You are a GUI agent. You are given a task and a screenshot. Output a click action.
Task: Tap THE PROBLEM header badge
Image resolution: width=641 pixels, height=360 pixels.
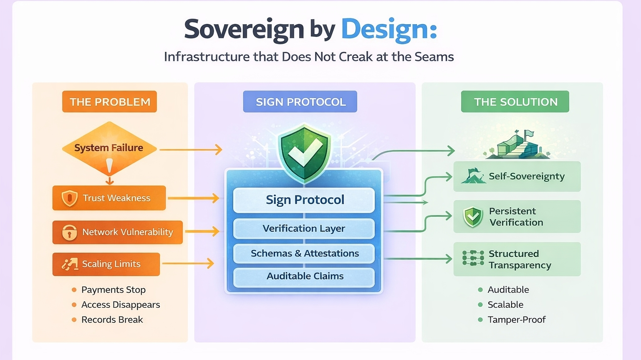pyautogui.click(x=109, y=102)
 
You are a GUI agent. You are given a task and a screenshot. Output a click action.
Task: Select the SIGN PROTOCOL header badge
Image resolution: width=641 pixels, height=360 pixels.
pyautogui.click(x=300, y=102)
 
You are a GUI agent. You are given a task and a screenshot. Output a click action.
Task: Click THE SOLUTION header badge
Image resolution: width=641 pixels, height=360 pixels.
pyautogui.click(x=515, y=102)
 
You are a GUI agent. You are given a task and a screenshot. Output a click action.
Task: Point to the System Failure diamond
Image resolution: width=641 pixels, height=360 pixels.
pyautogui.click(x=109, y=148)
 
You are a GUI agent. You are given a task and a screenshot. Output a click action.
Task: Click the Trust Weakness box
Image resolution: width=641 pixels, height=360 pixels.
pyautogui.click(x=109, y=198)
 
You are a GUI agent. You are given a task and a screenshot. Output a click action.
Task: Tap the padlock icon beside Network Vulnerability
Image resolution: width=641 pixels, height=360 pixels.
pyautogui.click(x=69, y=232)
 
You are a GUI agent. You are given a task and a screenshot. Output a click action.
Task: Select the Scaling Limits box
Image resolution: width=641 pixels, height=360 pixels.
pyautogui.click(x=106, y=264)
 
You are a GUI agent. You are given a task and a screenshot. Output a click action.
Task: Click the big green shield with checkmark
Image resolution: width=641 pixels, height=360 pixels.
pyautogui.click(x=305, y=153)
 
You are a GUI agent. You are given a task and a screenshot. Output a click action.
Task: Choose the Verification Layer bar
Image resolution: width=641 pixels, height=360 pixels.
pyautogui.click(x=304, y=228)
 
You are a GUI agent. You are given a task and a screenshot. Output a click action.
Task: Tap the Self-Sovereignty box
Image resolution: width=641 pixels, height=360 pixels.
pyautogui.click(x=517, y=177)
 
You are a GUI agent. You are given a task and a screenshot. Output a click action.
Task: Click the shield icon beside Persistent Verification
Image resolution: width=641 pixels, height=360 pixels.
pyautogui.click(x=473, y=217)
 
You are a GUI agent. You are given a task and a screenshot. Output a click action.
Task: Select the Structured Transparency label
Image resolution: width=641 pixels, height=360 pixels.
pyautogui.click(x=520, y=259)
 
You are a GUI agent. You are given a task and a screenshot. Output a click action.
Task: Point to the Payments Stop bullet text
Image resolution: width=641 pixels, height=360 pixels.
pyautogui.click(x=113, y=290)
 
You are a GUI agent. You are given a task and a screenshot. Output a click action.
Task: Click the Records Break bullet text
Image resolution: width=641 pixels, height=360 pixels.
pyautogui.click(x=112, y=320)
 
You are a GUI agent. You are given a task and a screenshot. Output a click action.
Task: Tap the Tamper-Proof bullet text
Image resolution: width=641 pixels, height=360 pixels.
pyautogui.click(x=516, y=320)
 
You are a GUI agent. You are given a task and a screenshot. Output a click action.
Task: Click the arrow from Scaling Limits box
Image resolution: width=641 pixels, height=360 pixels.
pyautogui.click(x=188, y=263)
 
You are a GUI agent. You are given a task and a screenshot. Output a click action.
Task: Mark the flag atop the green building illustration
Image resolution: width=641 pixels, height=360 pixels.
pyautogui.click(x=529, y=134)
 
